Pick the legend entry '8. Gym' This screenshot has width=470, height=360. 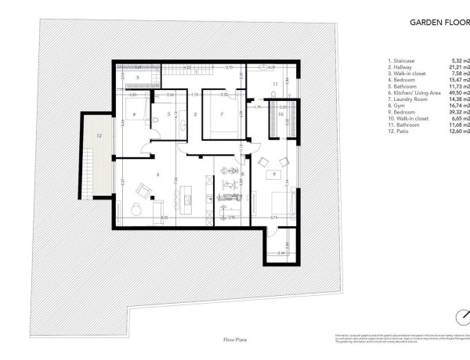point(396,104)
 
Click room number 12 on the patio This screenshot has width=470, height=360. point(99,135)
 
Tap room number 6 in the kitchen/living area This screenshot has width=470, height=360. point(158,174)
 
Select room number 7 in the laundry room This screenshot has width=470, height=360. point(222,114)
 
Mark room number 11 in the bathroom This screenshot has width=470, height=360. point(275,83)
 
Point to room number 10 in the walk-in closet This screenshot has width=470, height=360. point(280,114)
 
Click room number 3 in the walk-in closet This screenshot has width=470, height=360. point(137,78)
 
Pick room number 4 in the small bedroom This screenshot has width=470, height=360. point(136,114)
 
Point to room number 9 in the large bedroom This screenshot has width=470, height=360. point(273,173)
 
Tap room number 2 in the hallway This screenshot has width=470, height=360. point(195,114)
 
